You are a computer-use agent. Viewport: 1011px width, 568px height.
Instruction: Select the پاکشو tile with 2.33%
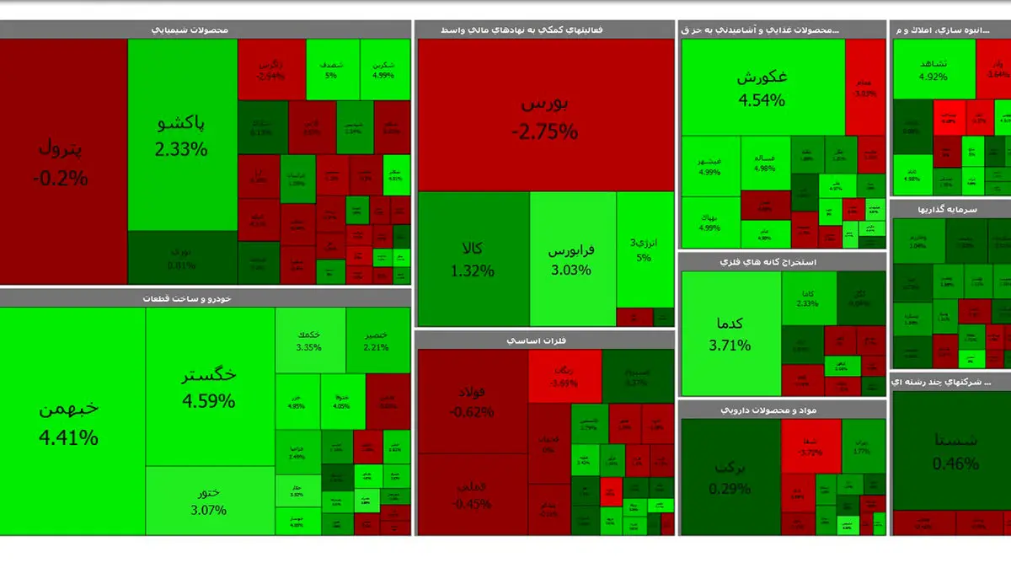coord(182,135)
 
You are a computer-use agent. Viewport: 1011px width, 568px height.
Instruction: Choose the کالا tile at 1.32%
coord(473,259)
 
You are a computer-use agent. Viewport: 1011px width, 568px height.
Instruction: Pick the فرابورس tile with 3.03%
coord(572,259)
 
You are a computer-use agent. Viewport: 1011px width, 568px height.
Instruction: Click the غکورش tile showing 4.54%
coord(762,88)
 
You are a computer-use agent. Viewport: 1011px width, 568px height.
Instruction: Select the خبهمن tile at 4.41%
coord(72,421)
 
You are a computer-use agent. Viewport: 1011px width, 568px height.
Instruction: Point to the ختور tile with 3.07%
coord(209,501)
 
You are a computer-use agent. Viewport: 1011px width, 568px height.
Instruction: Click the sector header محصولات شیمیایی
coord(190,29)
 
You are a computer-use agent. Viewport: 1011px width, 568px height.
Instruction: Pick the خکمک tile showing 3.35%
coord(309,340)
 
